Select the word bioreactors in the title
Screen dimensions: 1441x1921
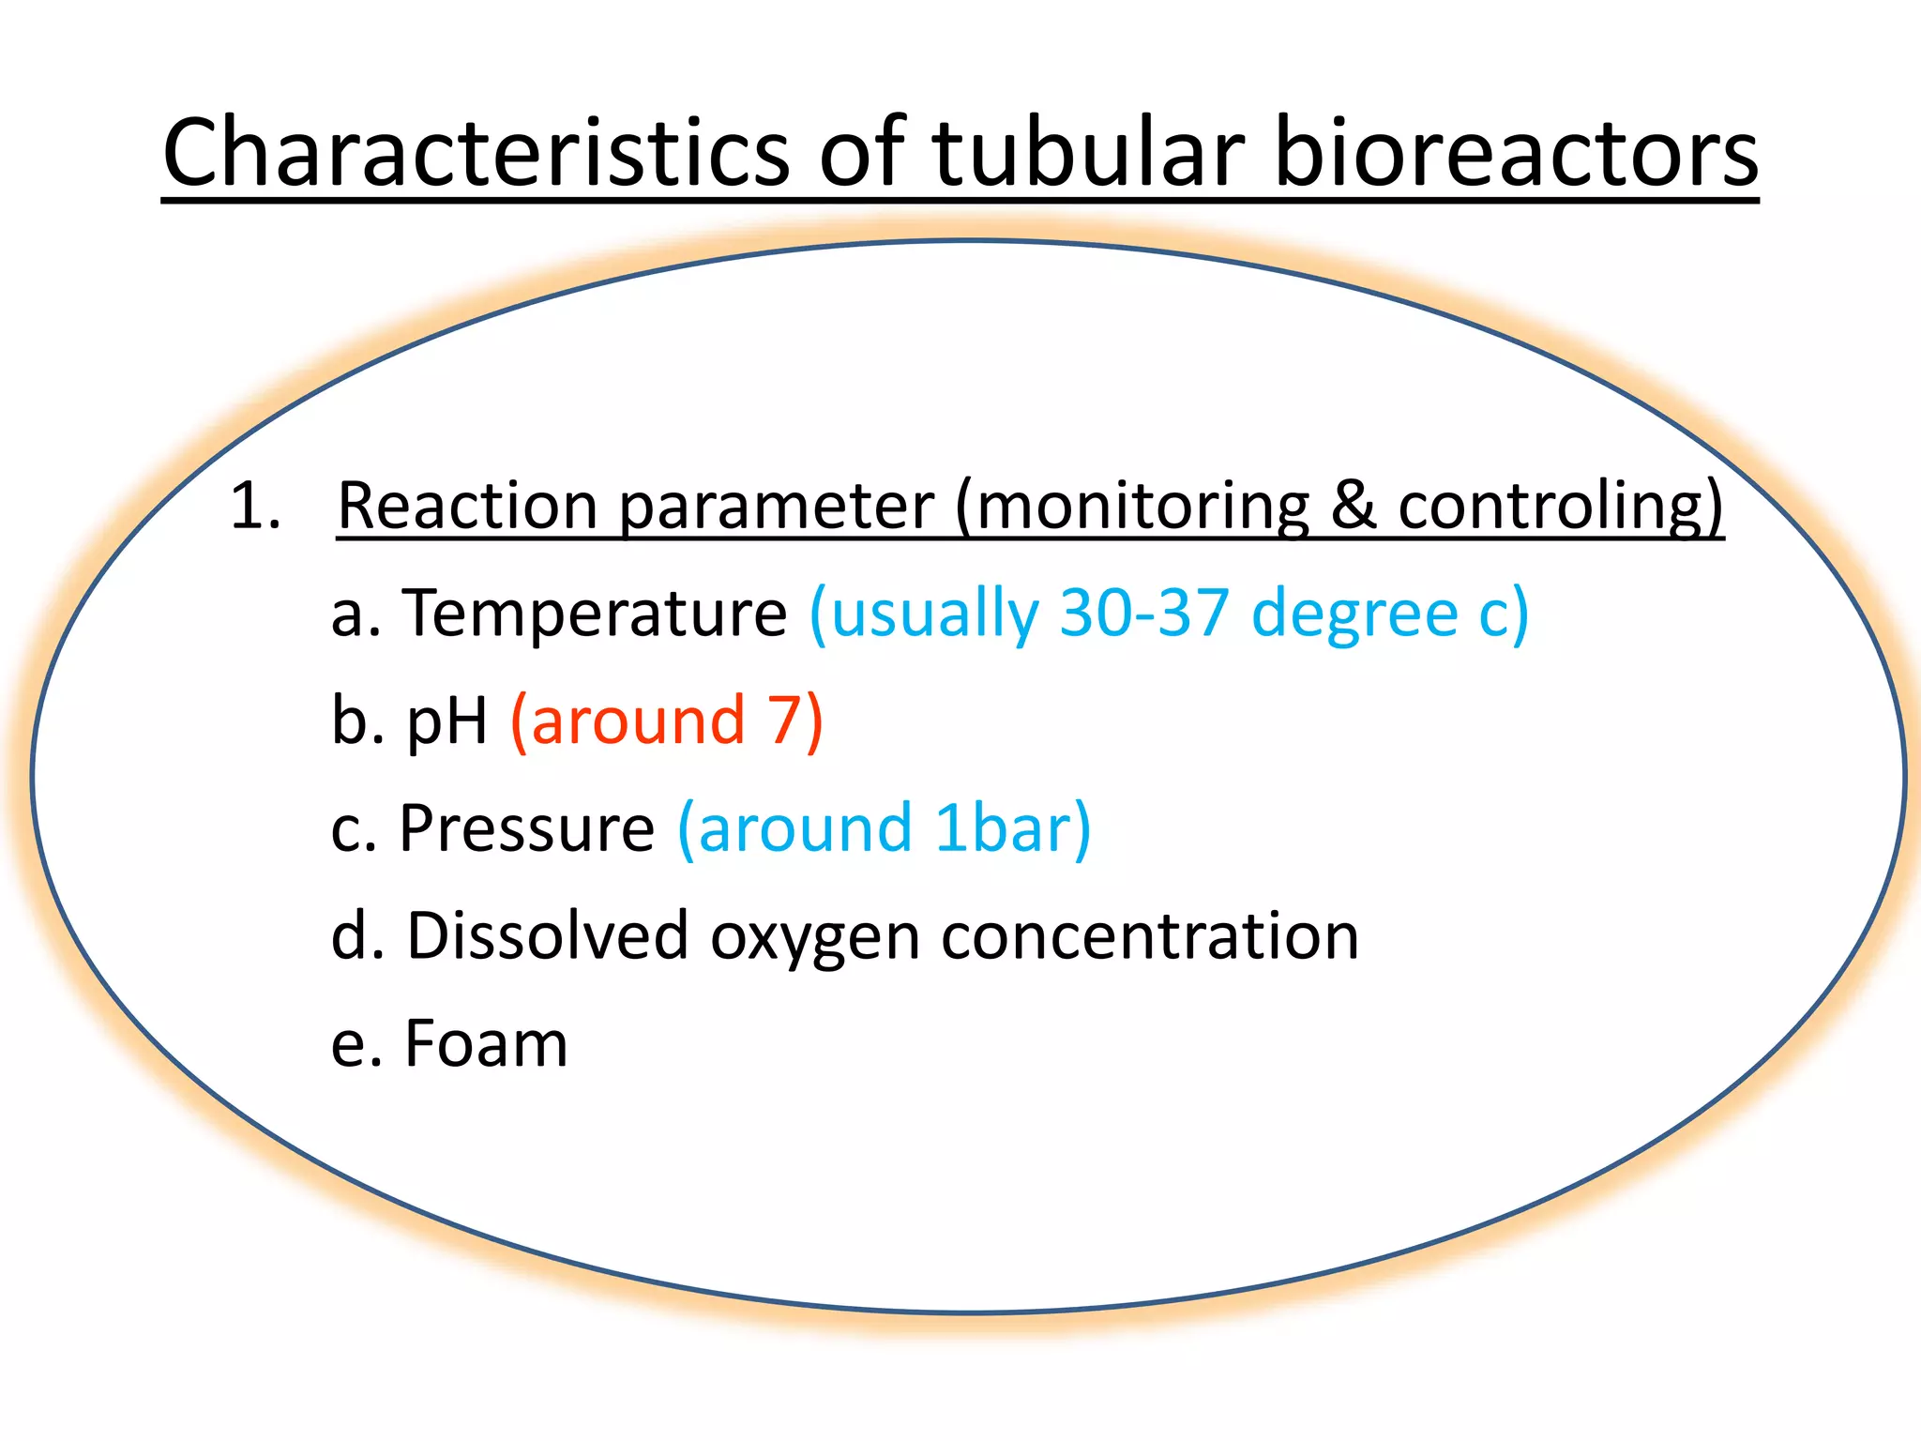(1515, 152)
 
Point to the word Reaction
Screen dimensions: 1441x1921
(467, 507)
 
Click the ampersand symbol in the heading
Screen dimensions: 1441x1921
(1354, 507)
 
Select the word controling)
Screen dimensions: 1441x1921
(1560, 507)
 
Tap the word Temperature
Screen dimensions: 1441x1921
(595, 614)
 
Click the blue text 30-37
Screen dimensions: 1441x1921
(1143, 614)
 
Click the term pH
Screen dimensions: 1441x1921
(446, 722)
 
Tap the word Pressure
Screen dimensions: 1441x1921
(526, 829)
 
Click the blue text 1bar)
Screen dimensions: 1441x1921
(1012, 829)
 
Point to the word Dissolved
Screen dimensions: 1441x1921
(547, 936)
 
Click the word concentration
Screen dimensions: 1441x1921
(1149, 936)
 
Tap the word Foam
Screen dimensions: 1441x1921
(486, 1044)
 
